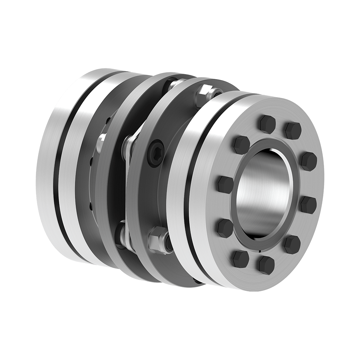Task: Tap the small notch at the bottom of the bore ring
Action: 259,249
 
